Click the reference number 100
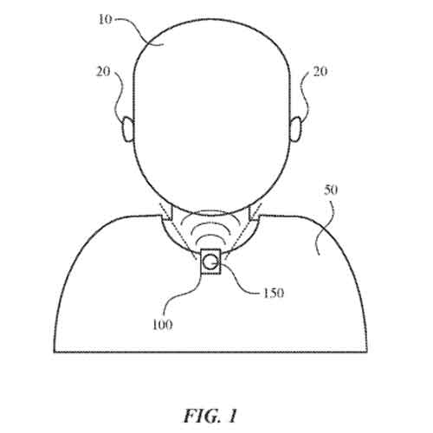[x=162, y=326]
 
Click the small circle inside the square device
[x=210, y=259]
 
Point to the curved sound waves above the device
[x=210, y=232]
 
